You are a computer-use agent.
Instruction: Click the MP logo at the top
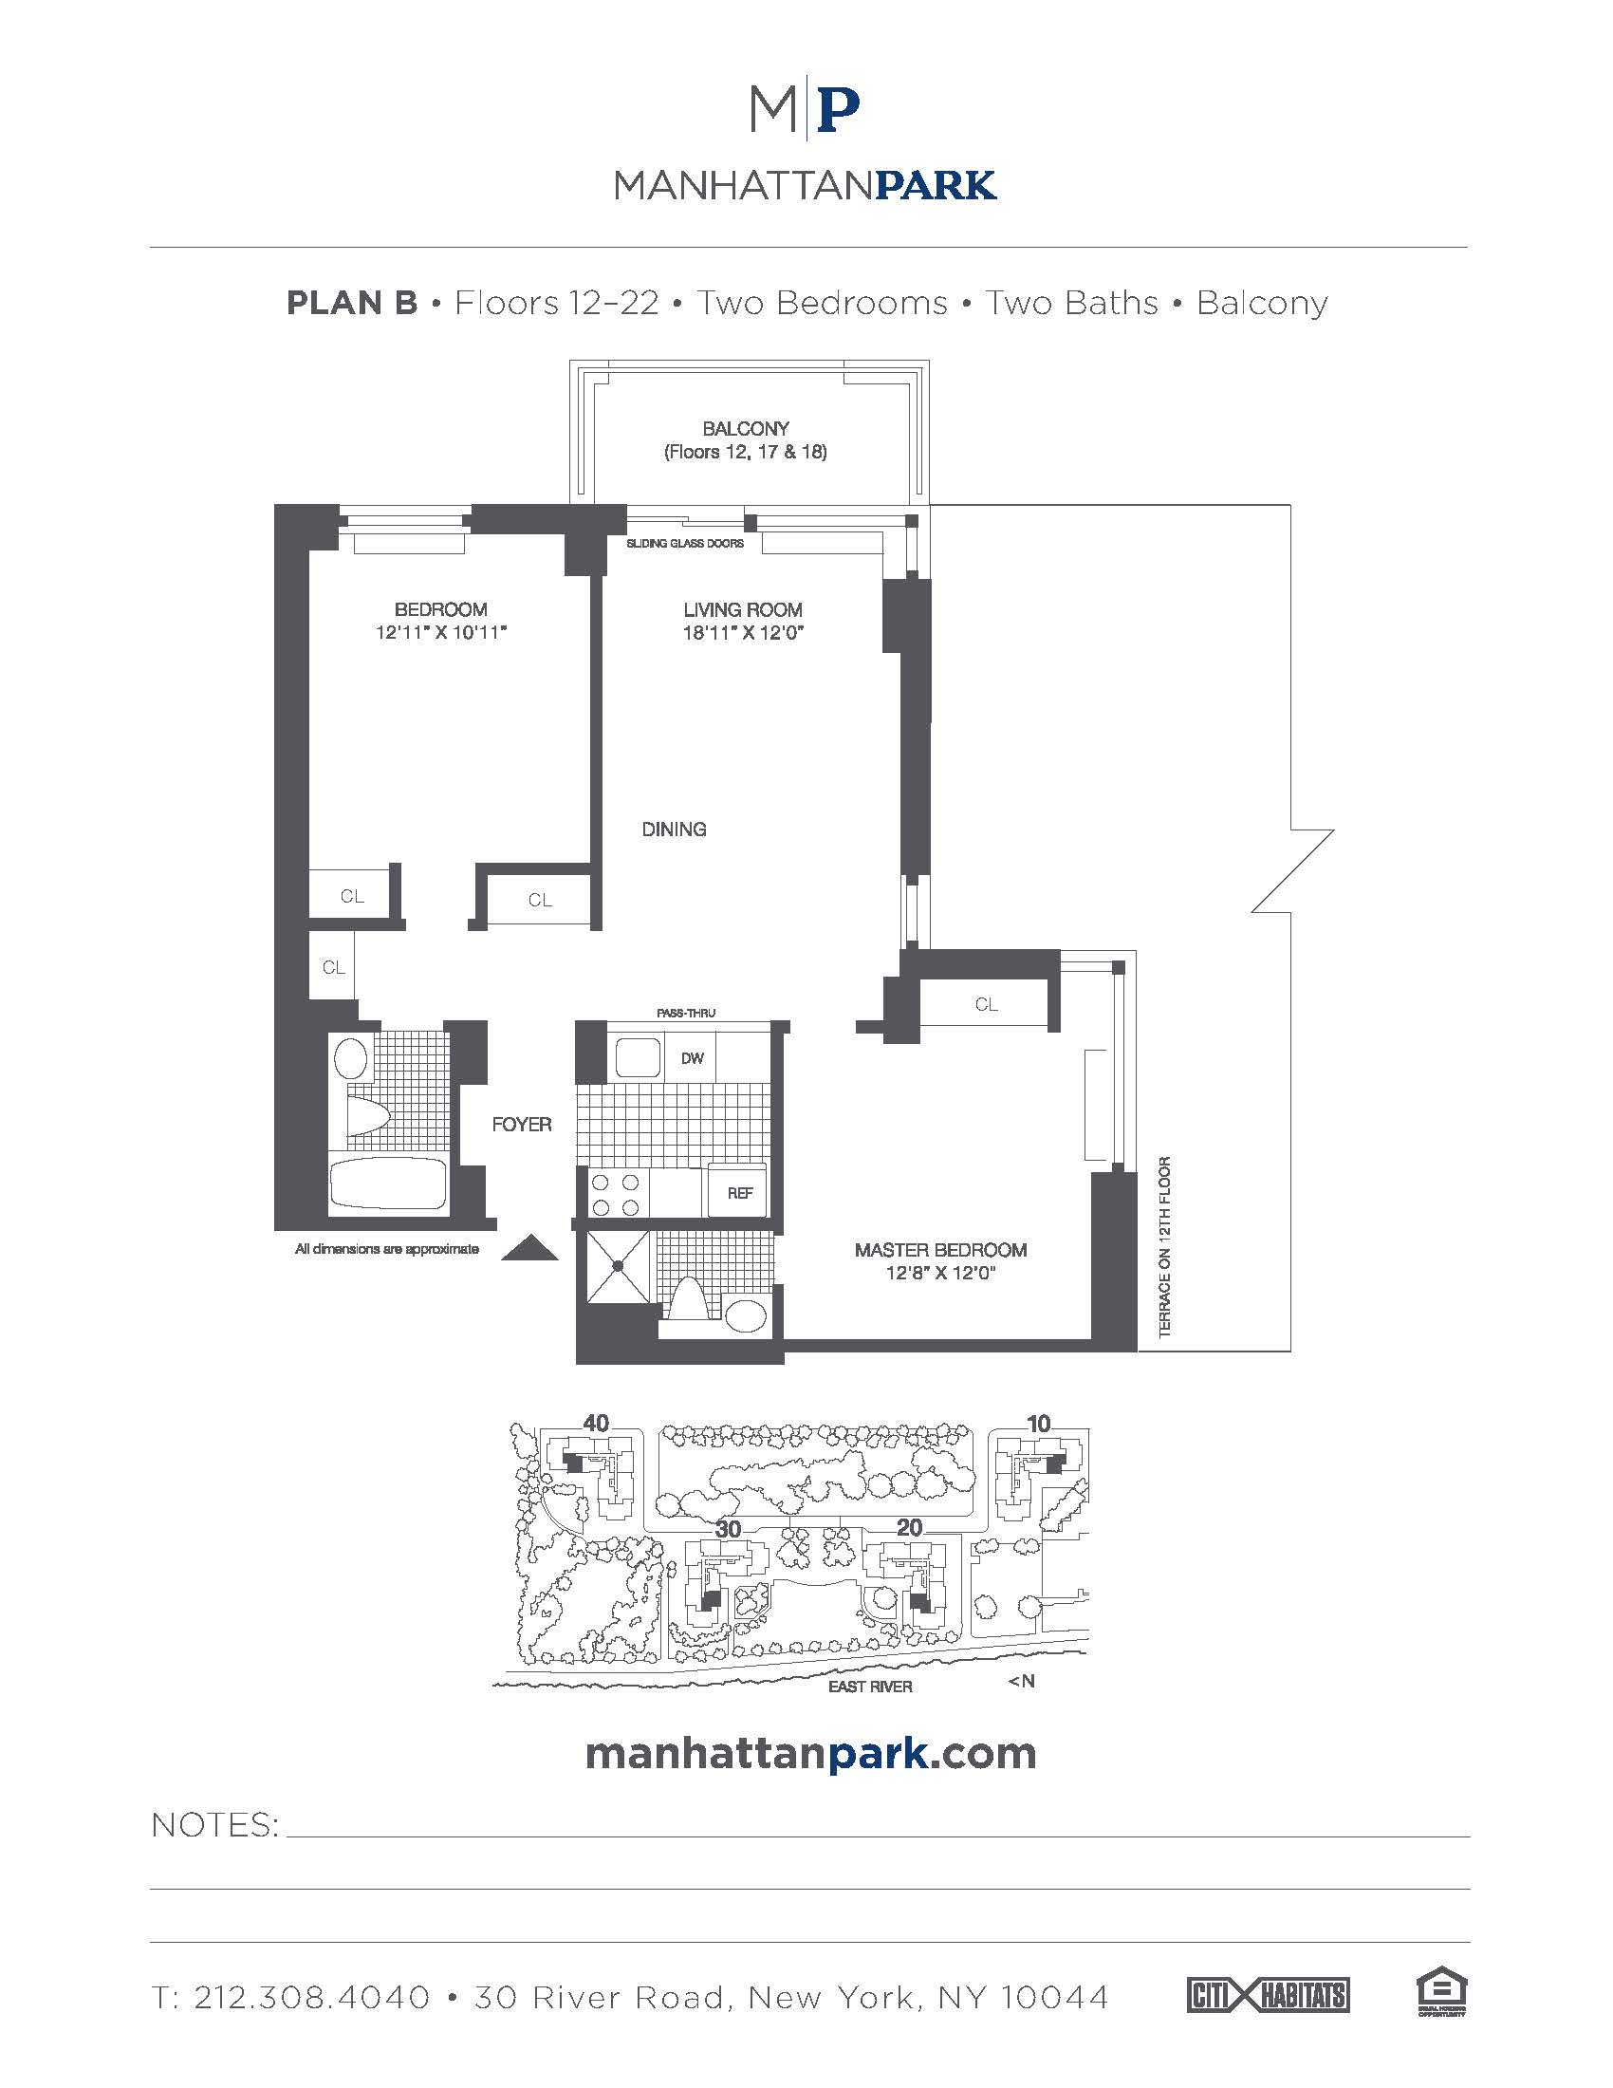pos(806,111)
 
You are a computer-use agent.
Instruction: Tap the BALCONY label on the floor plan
pos(746,428)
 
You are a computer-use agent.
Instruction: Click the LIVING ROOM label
pos(743,609)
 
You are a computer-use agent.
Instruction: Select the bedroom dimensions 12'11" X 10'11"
pos(440,632)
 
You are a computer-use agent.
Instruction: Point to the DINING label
pos(674,829)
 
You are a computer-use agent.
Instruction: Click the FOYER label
pos(522,1125)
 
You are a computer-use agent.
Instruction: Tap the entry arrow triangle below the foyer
pos(528,1248)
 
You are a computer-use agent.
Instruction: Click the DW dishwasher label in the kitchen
pos(692,1057)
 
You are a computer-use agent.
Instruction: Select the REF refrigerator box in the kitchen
pos(738,1192)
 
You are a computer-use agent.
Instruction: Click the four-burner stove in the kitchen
pos(616,1194)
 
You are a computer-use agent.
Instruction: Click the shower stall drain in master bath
pos(618,1265)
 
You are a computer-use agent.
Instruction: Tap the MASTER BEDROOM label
pos(940,1250)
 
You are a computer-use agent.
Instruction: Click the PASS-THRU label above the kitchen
pos(685,1013)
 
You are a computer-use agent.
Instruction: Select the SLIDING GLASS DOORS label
pos(684,543)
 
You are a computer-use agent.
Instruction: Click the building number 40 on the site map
pos(595,1423)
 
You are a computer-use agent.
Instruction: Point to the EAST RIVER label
pos(869,1687)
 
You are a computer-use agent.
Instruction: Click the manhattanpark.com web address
pos(809,1753)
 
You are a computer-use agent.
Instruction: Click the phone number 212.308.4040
pos(311,1997)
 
